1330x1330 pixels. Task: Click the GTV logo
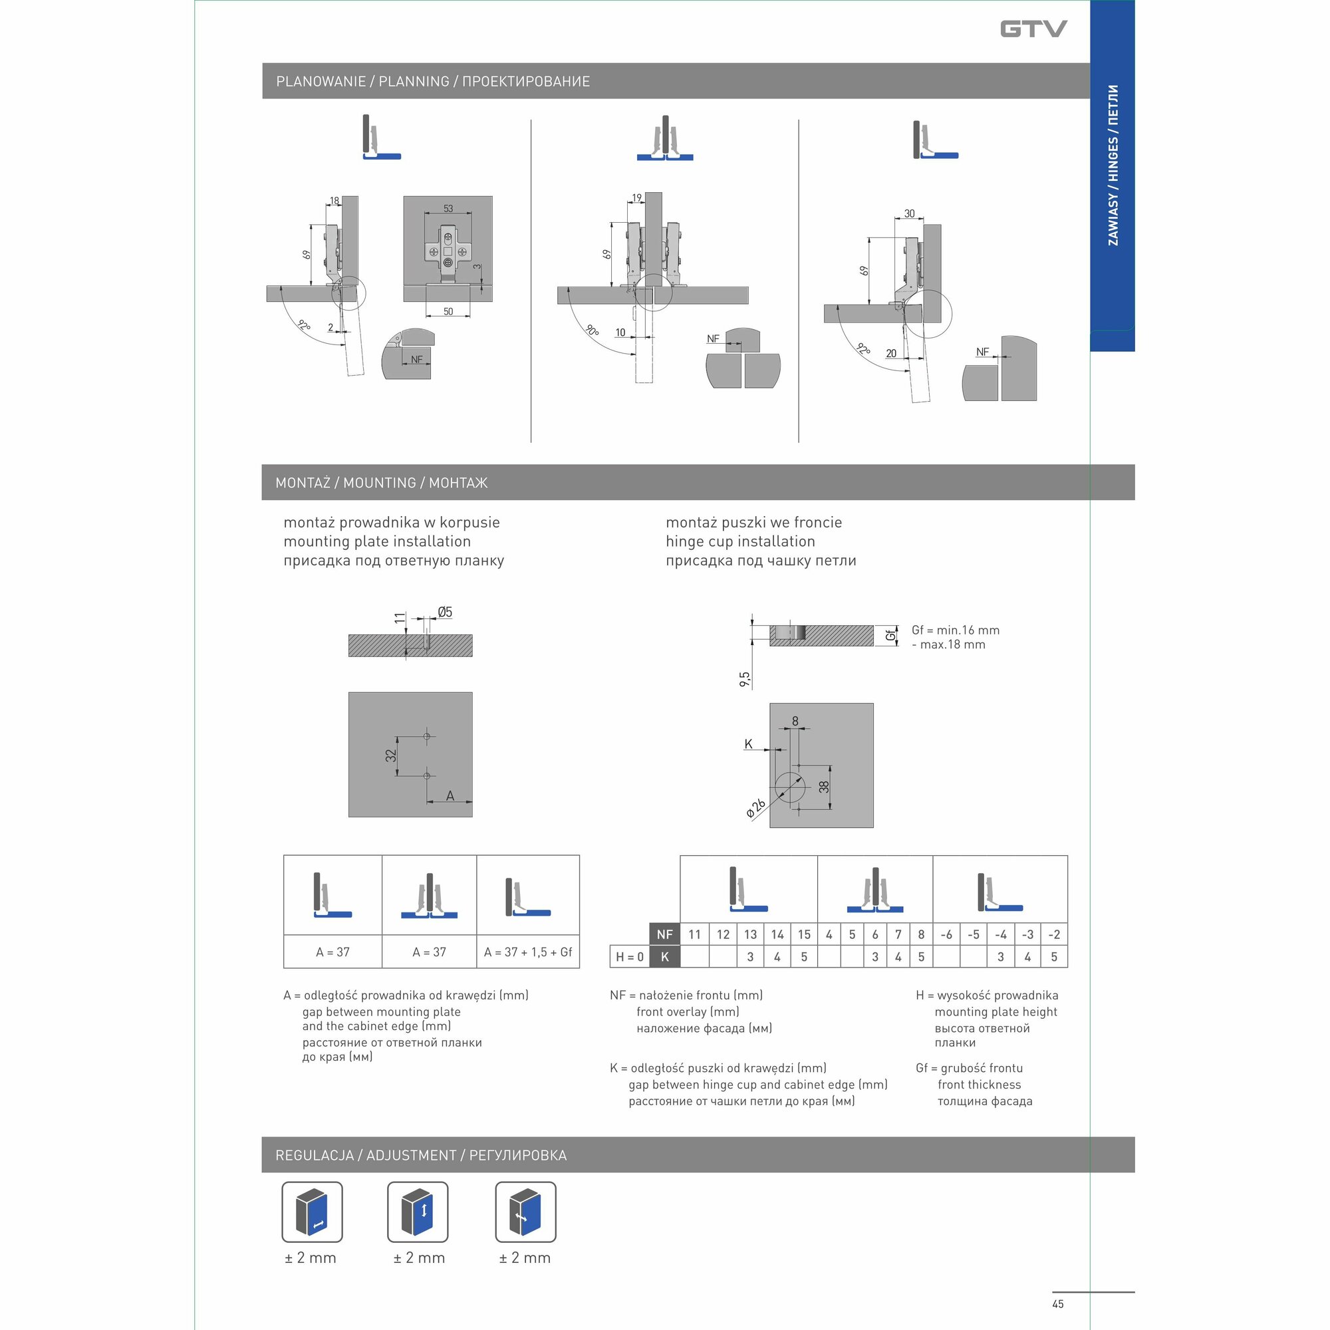pos(1033,29)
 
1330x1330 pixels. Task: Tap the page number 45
pos(1057,1303)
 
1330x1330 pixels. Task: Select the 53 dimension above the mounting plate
pos(448,208)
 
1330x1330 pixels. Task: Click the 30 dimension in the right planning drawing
pos(909,213)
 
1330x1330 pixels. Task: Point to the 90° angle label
pos(591,330)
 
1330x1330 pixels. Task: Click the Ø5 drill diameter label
pos(445,612)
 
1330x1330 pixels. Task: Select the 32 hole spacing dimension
pos(391,755)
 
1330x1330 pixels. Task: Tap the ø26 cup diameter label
pos(756,808)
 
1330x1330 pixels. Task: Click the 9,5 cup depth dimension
pos(745,680)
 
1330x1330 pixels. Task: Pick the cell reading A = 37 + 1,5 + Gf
pos(528,952)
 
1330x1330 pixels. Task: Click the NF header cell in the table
pos(664,934)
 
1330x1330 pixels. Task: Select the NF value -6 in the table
pos(946,934)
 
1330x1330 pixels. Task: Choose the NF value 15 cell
pos(804,934)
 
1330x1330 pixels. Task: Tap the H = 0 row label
pos(629,957)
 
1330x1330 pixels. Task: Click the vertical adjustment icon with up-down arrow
pos(418,1212)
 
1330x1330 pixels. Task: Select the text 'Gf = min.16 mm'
pos(955,630)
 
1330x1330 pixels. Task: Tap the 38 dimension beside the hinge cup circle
pos(824,787)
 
